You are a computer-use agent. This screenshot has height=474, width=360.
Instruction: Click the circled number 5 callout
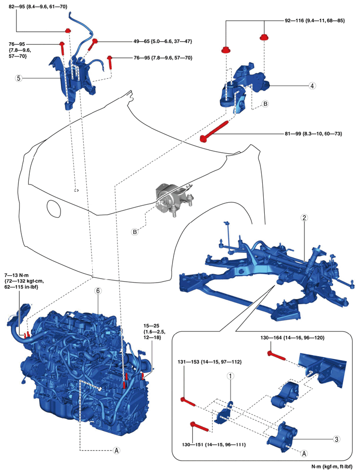(18, 78)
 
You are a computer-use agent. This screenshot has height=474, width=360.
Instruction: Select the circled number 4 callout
(312, 85)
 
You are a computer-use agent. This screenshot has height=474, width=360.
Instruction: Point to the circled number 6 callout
(98, 292)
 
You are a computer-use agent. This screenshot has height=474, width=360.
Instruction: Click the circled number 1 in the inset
(230, 377)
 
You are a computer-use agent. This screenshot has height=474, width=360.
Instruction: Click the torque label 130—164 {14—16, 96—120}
(300, 338)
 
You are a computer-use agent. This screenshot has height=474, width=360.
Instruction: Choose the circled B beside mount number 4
(265, 104)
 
